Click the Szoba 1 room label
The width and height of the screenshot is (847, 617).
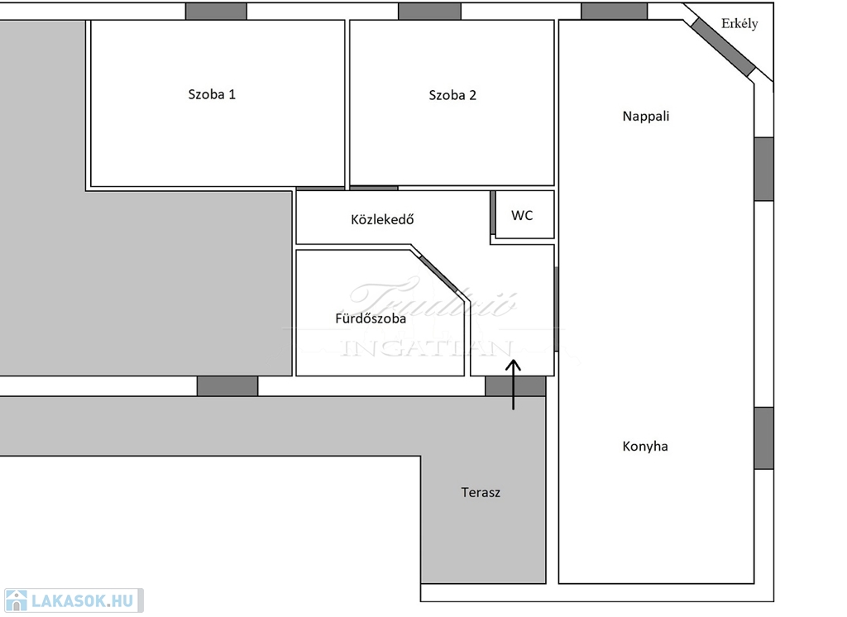coord(212,94)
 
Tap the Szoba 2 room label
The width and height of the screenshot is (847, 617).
coord(452,95)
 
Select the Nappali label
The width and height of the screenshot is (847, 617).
coord(646,117)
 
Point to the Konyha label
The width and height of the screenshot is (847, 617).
coord(645,447)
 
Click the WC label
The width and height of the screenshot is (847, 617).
coord(522,216)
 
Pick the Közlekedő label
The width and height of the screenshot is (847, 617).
coord(382,220)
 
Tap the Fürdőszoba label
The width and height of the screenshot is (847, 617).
coord(371,318)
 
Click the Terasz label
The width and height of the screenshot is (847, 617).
coord(481,493)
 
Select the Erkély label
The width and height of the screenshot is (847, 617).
coord(739,24)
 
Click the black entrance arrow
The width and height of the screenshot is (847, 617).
coord(514,385)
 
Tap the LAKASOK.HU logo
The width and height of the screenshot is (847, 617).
coord(74,600)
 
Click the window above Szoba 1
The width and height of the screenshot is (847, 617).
coord(216,12)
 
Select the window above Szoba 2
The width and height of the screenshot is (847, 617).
coord(429,12)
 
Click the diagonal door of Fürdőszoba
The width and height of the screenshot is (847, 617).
coord(440,275)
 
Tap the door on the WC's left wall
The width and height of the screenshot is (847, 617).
coord(493,213)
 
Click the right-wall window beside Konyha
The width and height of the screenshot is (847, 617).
coord(763,438)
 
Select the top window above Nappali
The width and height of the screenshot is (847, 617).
coord(614,12)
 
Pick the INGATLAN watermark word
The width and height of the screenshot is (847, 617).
coord(428,348)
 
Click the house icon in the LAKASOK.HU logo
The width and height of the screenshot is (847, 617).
coord(17,600)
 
